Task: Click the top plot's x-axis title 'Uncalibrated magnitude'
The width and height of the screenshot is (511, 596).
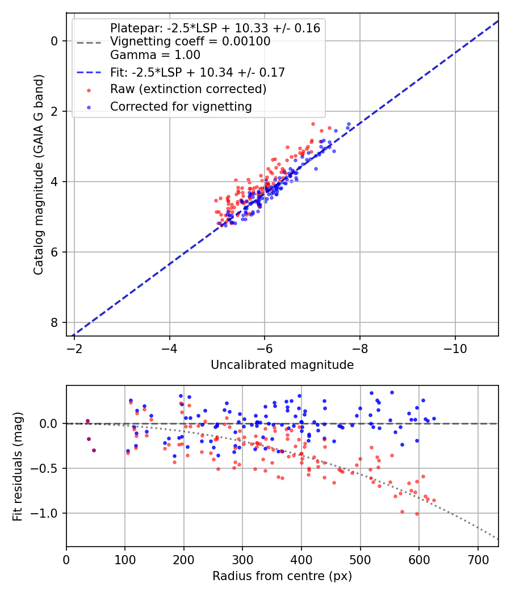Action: pos(282,365)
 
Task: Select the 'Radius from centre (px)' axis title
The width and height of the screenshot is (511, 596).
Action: pos(282,576)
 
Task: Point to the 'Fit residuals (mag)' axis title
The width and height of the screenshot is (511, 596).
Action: pos(18,466)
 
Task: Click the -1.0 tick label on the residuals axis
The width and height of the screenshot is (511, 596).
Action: pos(47,513)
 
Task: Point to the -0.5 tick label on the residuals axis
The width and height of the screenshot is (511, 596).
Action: pos(47,468)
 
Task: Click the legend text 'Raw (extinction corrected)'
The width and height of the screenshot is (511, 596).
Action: pos(188,89)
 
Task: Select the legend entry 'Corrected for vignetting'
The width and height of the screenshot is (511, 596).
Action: pos(181,106)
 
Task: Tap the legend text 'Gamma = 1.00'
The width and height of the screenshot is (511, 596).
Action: pos(155,56)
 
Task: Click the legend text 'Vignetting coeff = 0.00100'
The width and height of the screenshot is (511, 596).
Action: pos(190,41)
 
